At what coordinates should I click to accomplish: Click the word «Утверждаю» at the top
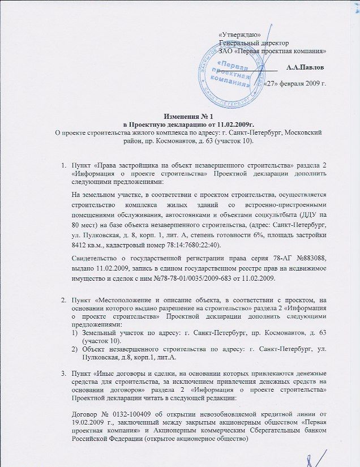click(x=239, y=35)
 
